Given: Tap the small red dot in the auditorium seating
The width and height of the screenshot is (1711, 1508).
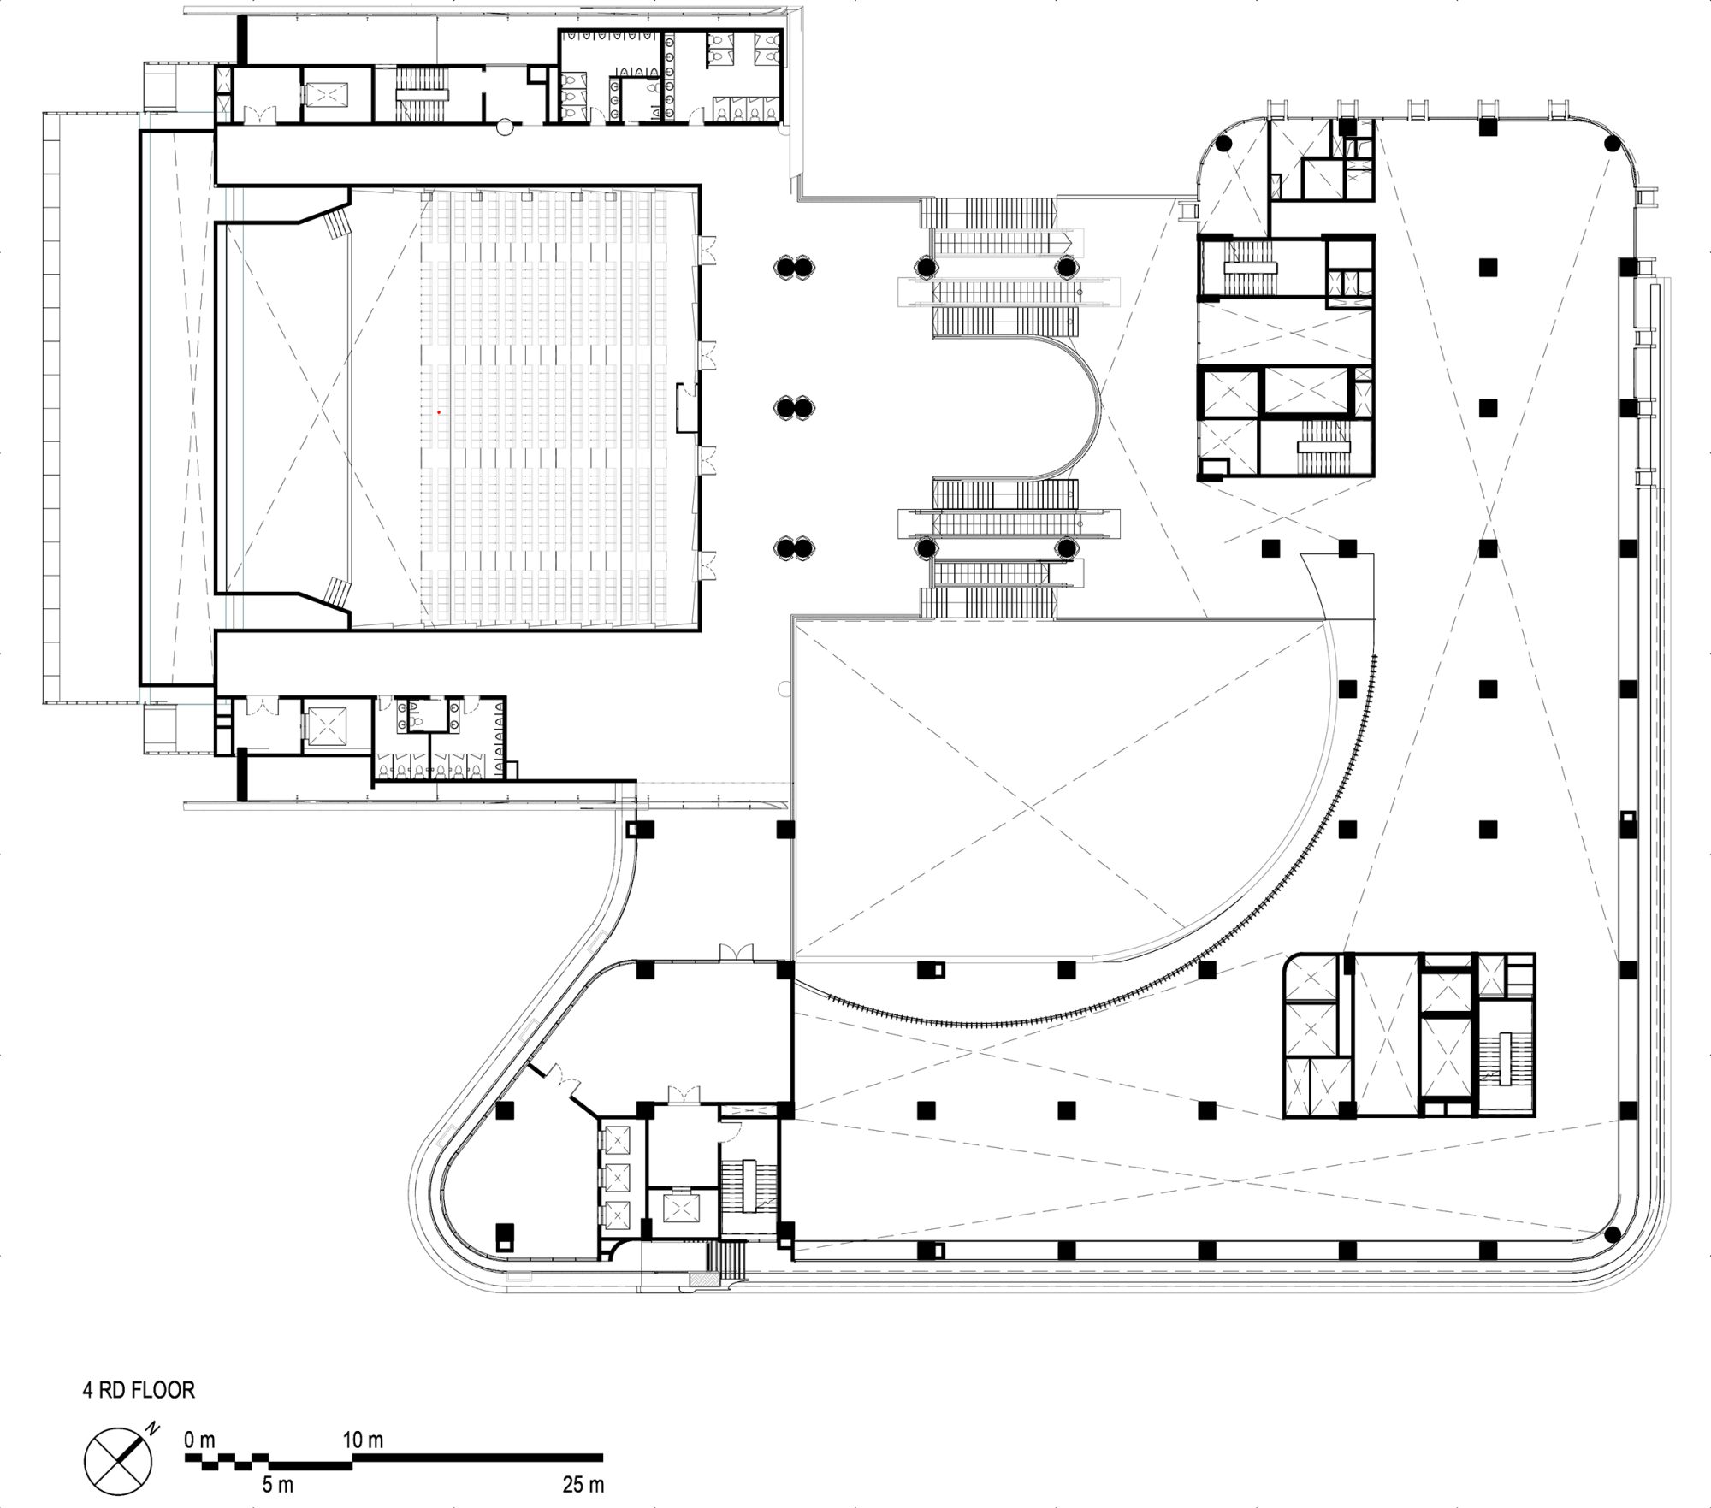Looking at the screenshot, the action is coord(439,412).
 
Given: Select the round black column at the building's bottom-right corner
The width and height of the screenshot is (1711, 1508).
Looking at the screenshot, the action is coord(1613,1233).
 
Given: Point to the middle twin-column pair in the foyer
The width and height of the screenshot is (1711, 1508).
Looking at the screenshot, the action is coord(795,407).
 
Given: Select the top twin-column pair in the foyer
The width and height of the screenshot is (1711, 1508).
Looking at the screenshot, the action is coord(795,267).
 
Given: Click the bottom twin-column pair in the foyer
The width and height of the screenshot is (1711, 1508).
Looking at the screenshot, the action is coord(795,547).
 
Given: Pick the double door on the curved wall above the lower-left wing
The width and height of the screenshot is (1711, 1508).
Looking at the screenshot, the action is coord(735,951).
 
